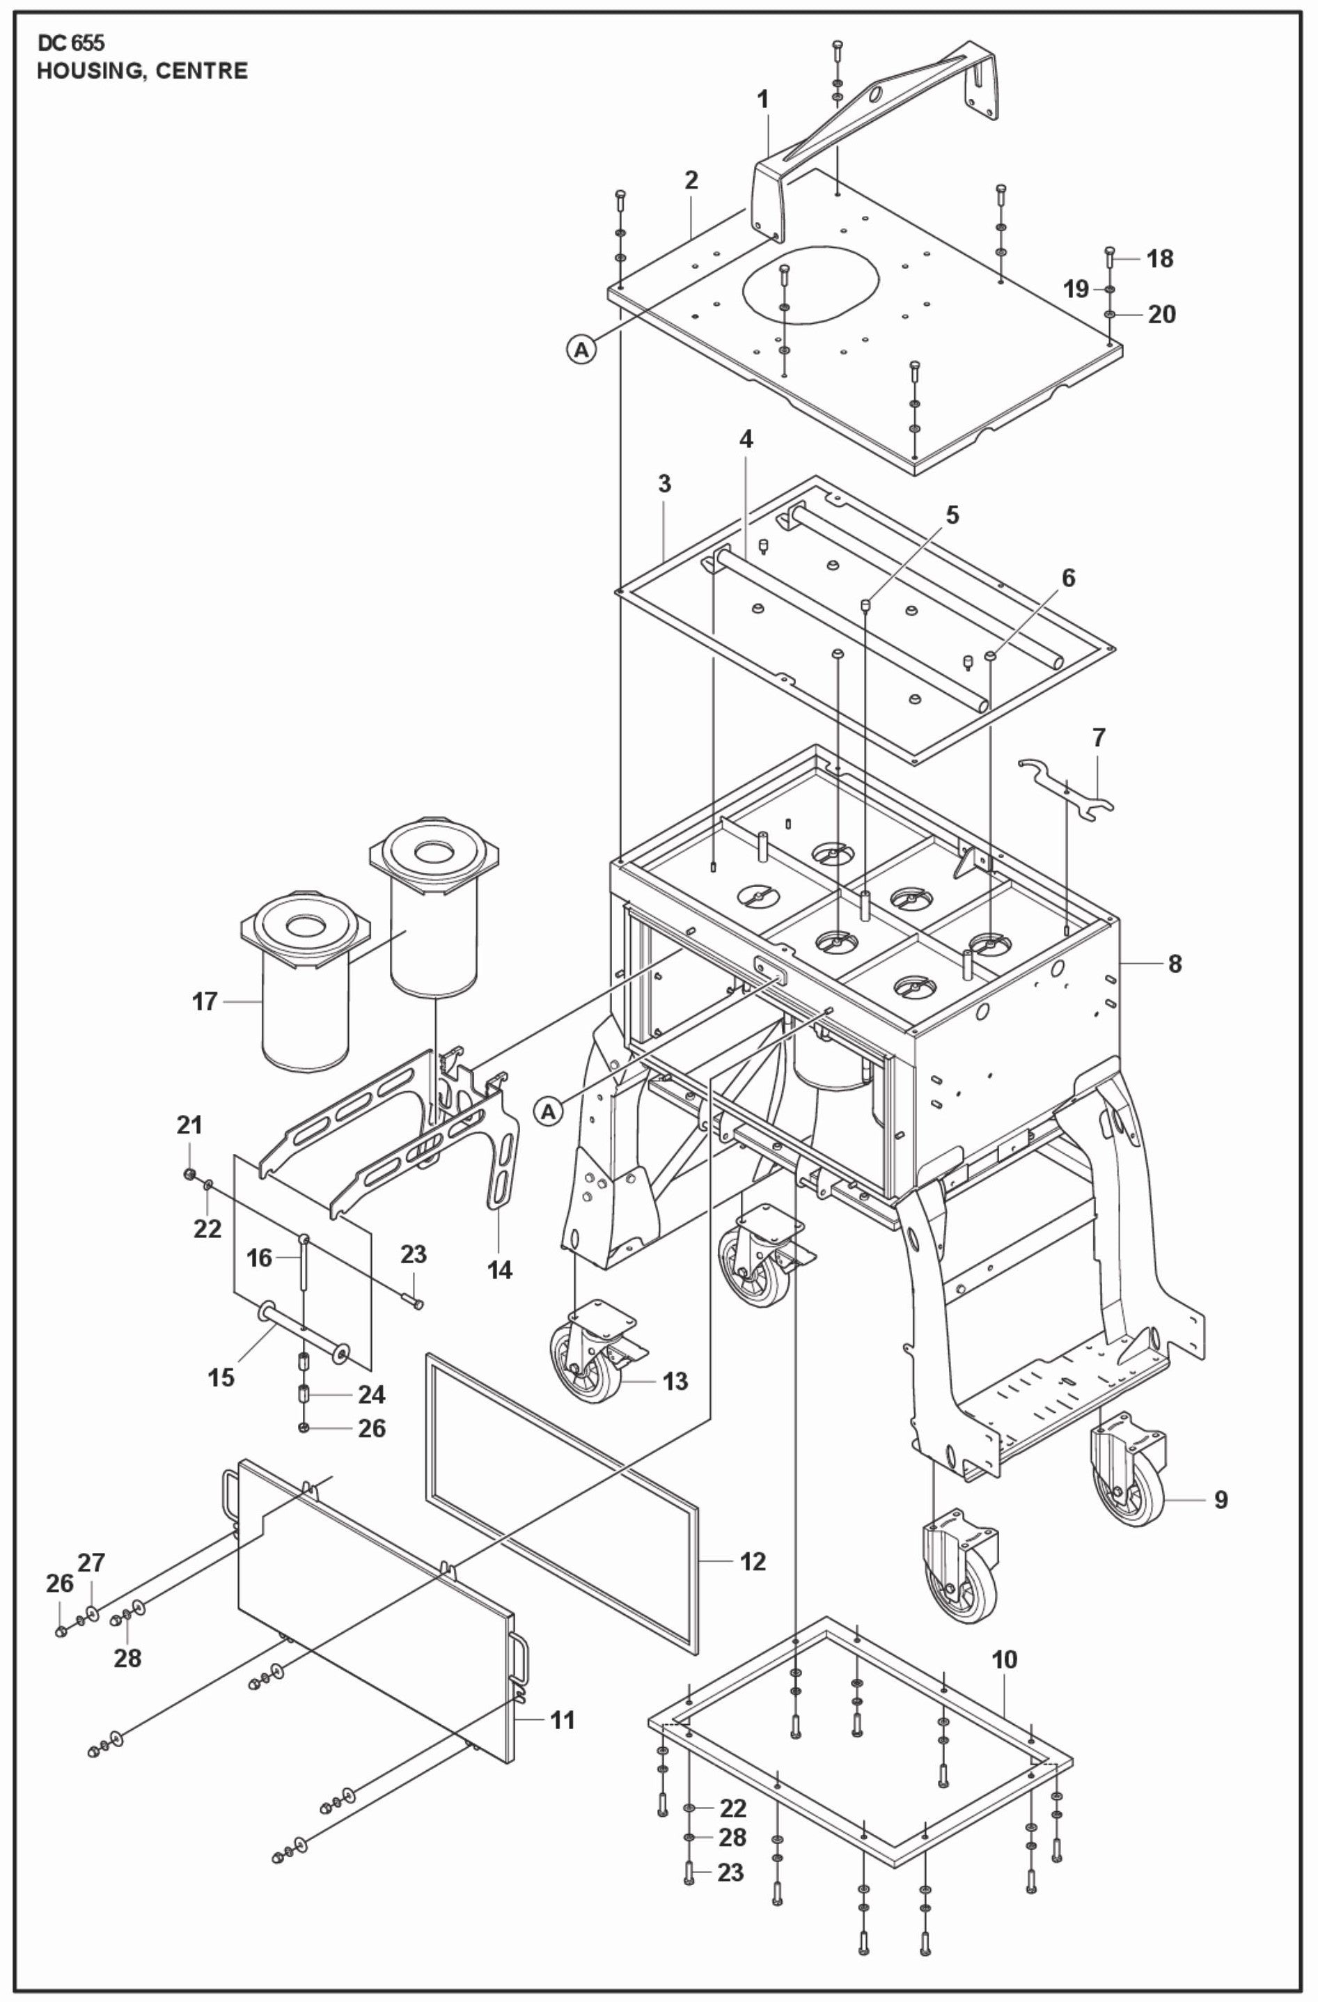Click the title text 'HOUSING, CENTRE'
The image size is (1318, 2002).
tap(142, 70)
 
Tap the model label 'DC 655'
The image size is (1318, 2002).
tap(70, 44)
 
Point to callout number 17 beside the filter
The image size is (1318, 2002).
tap(205, 1001)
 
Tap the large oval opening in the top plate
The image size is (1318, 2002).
tap(810, 283)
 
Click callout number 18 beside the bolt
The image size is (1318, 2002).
tap(1160, 258)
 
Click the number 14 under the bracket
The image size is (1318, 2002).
tap(500, 1269)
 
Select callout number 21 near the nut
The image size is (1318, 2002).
tap(189, 1124)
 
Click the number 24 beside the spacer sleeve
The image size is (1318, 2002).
tap(371, 1395)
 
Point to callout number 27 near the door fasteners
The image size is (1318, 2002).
tap(92, 1563)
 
